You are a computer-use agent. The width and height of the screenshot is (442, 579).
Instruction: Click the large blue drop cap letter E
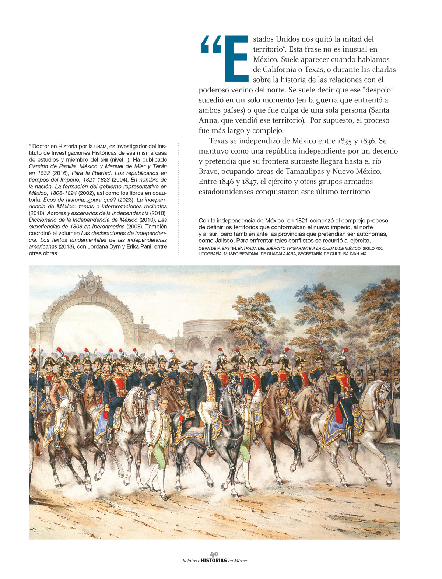pyautogui.click(x=236, y=59)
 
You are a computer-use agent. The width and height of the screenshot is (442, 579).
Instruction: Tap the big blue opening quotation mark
pyautogui.click(x=211, y=45)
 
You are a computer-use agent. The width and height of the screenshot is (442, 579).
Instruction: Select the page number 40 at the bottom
pyautogui.click(x=214, y=554)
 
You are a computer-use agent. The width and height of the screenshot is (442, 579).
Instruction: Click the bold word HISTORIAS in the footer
pyautogui.click(x=214, y=561)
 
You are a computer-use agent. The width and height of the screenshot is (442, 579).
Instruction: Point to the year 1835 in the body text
pyautogui.click(x=327, y=141)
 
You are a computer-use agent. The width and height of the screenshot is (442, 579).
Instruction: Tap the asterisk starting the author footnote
pyautogui.click(x=30, y=146)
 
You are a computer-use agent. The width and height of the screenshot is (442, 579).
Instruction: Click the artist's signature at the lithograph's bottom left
pyautogui.click(x=33, y=529)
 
